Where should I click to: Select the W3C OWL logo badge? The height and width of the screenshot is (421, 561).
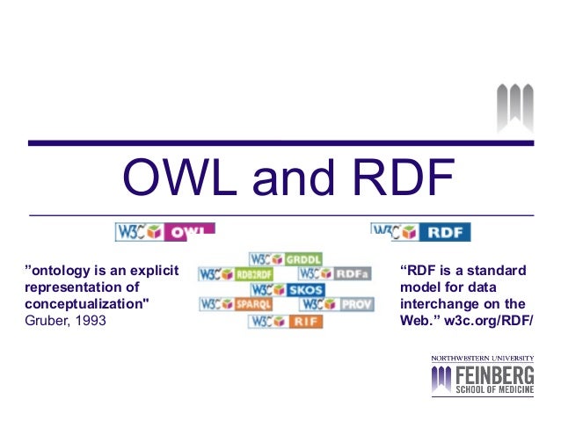(165, 232)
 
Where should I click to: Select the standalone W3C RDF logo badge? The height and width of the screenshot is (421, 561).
(421, 232)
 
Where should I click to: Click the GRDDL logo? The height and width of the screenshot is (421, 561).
(286, 258)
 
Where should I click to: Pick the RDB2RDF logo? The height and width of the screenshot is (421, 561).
(236, 273)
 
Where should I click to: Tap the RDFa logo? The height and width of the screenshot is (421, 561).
(335, 273)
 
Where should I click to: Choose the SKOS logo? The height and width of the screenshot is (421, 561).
(286, 289)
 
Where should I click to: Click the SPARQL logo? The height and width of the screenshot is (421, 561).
(236, 304)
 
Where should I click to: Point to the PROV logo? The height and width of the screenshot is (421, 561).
(337, 304)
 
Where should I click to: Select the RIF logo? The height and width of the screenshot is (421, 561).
(286, 321)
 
